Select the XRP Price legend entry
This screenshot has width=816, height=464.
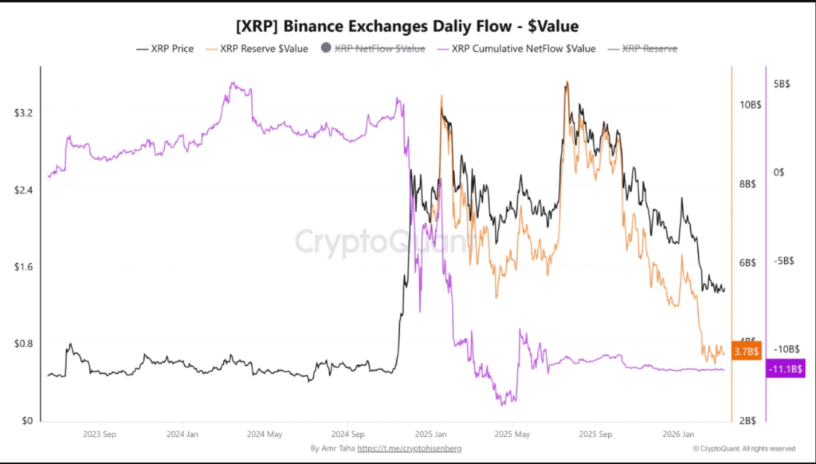click(166, 49)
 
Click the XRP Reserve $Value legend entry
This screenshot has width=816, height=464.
click(257, 49)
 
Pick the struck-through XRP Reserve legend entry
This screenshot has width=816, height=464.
click(642, 49)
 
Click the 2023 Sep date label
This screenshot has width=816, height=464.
click(100, 435)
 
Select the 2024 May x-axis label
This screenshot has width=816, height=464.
click(265, 435)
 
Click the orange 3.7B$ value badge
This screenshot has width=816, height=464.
click(747, 351)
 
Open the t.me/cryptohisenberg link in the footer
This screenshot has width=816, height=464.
click(409, 449)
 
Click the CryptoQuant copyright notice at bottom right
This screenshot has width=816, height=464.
click(744, 449)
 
